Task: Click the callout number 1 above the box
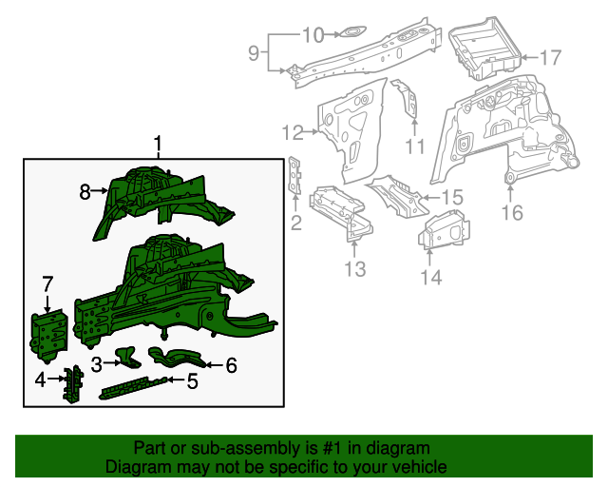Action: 159,144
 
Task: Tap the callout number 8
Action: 85,192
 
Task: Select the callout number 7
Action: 47,283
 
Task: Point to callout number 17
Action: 551,58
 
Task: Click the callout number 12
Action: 292,131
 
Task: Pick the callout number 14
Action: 431,277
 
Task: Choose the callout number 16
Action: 512,212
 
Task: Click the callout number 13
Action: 353,270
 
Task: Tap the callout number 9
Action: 254,53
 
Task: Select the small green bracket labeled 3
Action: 126,357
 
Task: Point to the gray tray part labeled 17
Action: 482,48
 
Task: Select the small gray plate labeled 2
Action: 294,177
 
